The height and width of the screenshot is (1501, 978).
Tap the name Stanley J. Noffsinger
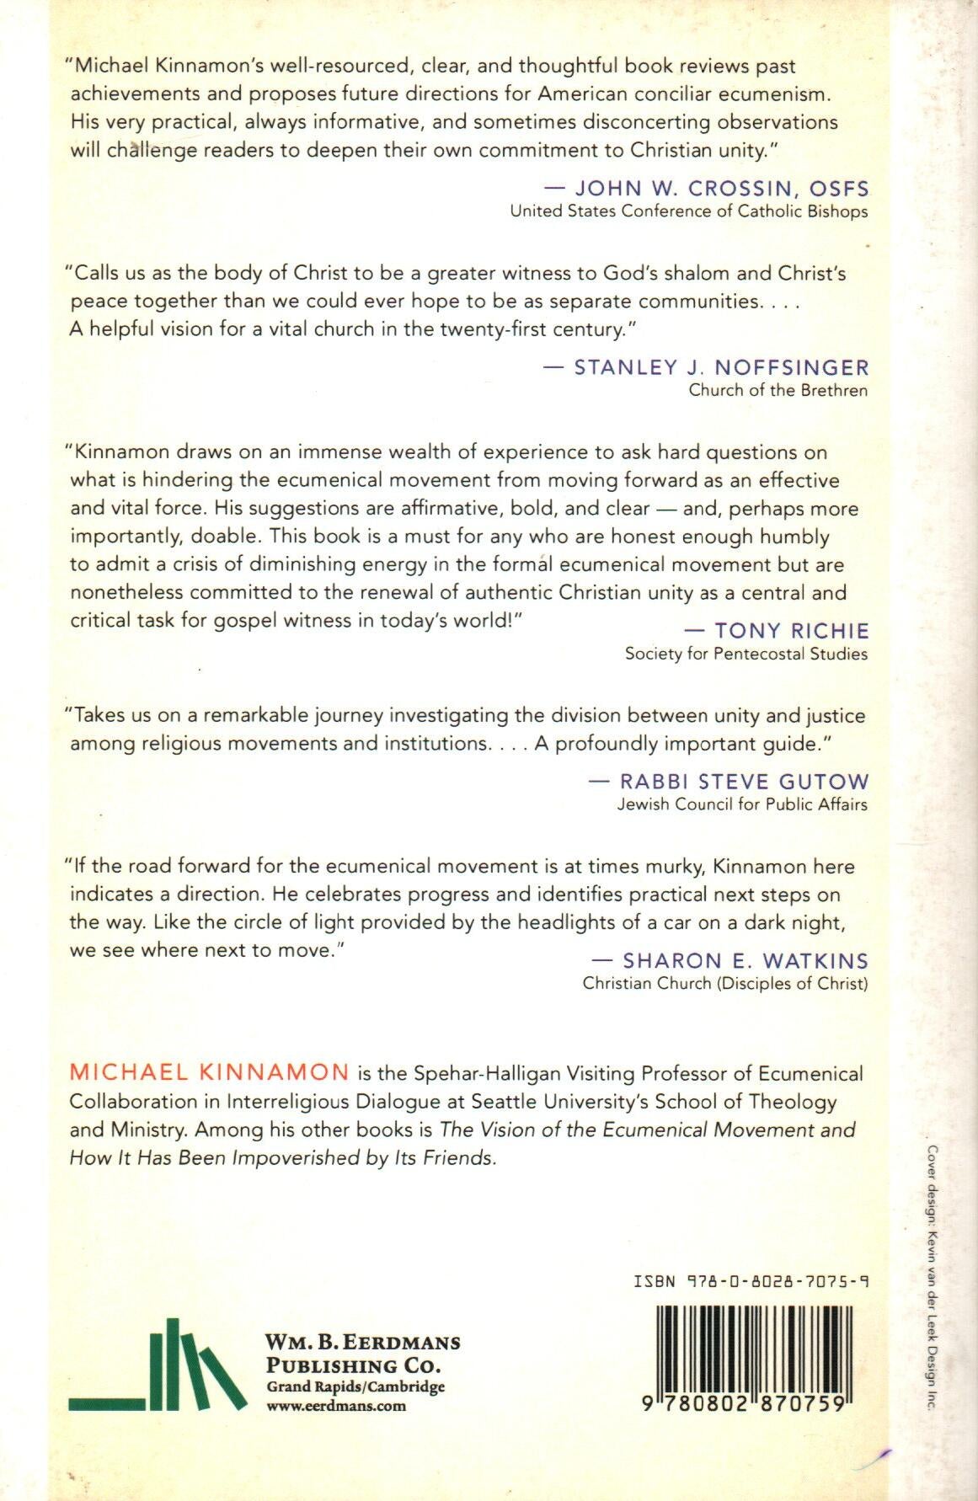[720, 367]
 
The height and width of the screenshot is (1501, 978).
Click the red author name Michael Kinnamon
[209, 1072]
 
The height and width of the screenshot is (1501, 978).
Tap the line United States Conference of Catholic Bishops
[688, 211]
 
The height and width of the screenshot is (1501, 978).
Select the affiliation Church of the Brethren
[778, 390]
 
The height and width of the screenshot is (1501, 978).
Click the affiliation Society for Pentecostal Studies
[746, 654]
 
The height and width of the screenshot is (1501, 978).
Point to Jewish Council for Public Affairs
[741, 804]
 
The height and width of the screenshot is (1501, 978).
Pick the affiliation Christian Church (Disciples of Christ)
[724, 983]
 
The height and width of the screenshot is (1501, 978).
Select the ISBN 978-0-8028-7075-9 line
[751, 1282]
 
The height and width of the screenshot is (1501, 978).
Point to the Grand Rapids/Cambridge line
[355, 1386]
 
